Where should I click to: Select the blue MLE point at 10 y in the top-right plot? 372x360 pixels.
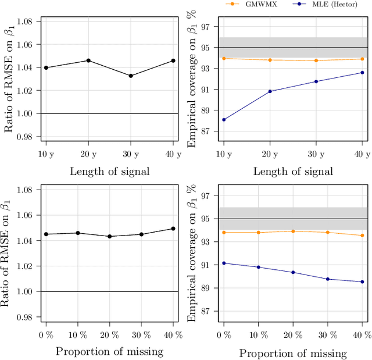tap(223, 120)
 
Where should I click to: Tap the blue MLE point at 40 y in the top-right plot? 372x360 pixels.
tap(362, 73)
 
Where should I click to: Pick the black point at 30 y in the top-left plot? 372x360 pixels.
tap(131, 76)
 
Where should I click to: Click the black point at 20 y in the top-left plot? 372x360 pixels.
tap(88, 60)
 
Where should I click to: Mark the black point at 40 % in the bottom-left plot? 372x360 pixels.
tap(173, 229)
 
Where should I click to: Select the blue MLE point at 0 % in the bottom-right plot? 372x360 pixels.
tap(223, 263)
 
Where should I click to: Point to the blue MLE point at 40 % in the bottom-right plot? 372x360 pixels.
tap(362, 281)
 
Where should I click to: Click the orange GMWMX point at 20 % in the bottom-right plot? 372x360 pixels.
tap(292, 231)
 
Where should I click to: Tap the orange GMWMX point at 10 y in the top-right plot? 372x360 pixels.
tap(223, 58)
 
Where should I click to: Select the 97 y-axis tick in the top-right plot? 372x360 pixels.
tap(205, 27)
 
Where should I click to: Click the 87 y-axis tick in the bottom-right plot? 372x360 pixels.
tap(205, 311)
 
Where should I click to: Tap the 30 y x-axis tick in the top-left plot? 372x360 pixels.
tap(131, 154)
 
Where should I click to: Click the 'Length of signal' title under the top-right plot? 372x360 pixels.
tap(292, 171)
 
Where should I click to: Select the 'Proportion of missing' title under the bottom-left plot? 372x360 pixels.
tap(109, 351)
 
